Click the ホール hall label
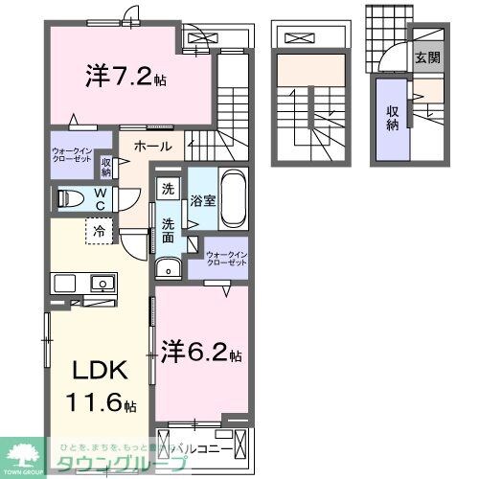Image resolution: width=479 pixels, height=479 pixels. pyautogui.click(x=152, y=147)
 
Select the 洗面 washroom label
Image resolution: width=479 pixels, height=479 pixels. pyautogui.click(x=169, y=230)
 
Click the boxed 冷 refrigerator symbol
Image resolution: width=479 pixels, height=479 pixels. pyautogui.click(x=98, y=231)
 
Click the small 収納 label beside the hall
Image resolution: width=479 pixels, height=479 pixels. pyautogui.click(x=105, y=167)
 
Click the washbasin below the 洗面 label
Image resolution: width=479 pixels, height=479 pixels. pyautogui.click(x=169, y=265)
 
